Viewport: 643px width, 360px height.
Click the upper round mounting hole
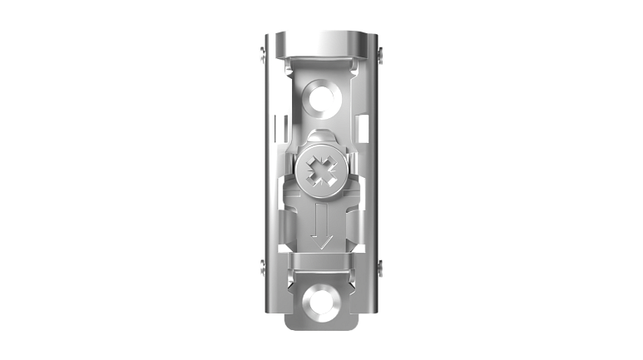(x=321, y=98)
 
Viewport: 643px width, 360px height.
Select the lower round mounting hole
(x=320, y=302)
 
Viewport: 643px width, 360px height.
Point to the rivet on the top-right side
(x=380, y=54)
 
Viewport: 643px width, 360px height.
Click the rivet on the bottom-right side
(x=380, y=267)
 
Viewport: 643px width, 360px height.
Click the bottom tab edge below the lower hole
(x=321, y=324)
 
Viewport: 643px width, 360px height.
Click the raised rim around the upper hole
(x=321, y=82)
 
